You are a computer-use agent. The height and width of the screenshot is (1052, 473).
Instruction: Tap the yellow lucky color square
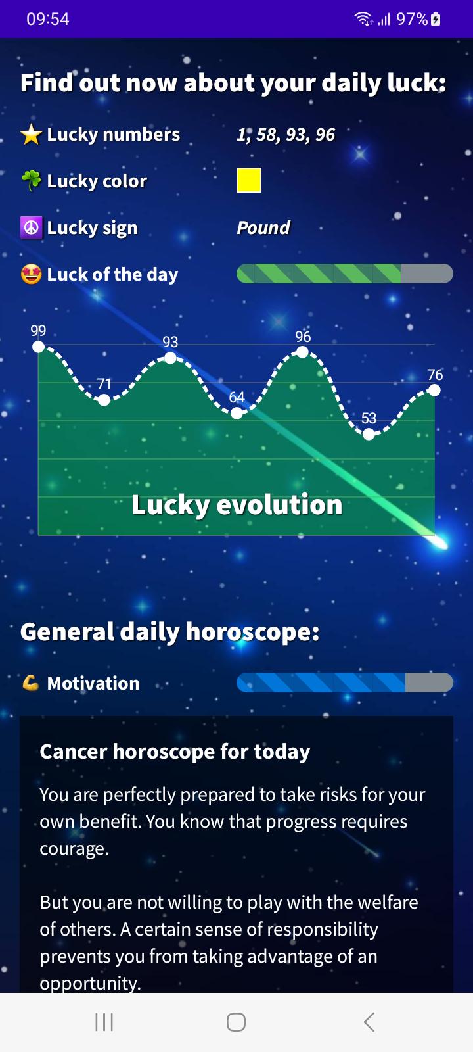(x=249, y=180)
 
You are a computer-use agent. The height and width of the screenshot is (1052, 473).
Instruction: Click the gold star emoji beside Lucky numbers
(x=32, y=135)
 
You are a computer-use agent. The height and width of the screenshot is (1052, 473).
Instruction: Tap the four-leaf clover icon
(x=32, y=180)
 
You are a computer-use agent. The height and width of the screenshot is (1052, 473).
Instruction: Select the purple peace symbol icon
(x=32, y=227)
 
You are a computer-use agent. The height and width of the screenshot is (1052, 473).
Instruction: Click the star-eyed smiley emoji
(x=32, y=274)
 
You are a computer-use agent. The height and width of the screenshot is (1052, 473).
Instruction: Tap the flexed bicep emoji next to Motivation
(x=30, y=683)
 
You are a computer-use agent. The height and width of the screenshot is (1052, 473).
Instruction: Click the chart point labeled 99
(x=39, y=347)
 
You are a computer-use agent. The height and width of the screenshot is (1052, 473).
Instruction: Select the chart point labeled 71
(x=104, y=400)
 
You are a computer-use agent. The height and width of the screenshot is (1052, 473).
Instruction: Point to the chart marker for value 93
(x=170, y=358)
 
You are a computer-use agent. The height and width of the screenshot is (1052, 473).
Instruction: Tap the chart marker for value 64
(x=236, y=414)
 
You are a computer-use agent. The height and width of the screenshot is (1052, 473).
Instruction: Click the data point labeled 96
(x=303, y=352)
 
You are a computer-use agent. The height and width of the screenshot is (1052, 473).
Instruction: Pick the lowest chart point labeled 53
(x=369, y=435)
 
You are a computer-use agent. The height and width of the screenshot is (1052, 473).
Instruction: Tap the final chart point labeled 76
(x=434, y=391)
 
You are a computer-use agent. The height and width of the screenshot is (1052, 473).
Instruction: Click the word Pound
(x=263, y=227)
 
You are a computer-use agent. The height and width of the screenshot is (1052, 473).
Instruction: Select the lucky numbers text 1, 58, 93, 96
(x=286, y=135)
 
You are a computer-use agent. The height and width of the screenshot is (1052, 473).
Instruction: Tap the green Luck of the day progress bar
(x=345, y=274)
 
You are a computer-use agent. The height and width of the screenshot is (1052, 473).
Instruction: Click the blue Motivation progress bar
(x=345, y=682)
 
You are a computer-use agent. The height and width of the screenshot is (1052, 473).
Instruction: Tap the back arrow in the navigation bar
(x=369, y=1022)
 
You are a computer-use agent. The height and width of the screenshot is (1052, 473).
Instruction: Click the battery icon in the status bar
(x=436, y=19)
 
